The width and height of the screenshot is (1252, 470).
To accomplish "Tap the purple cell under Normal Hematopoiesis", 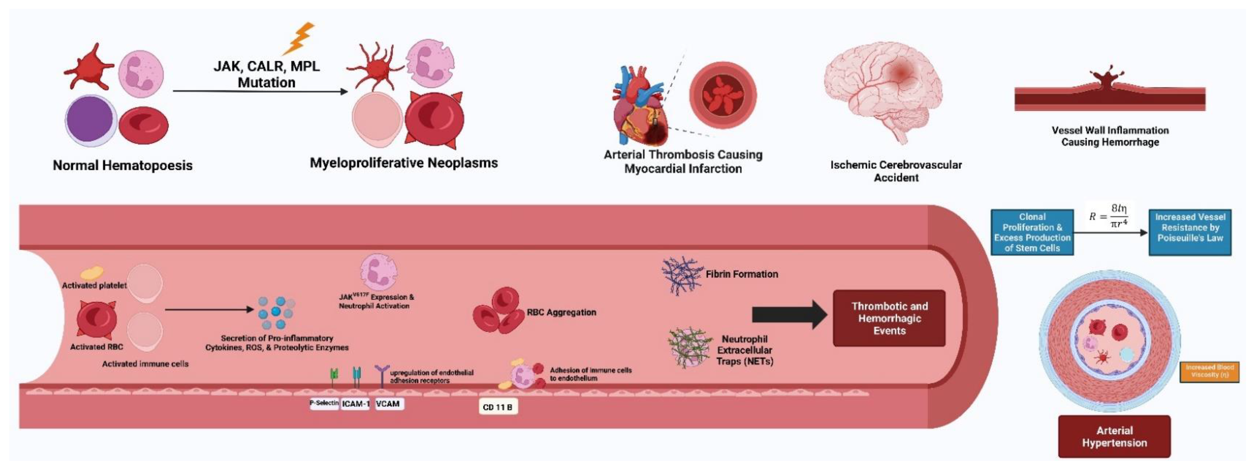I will tap(90, 120).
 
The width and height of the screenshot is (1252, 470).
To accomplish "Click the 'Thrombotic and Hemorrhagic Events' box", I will tap(889, 318).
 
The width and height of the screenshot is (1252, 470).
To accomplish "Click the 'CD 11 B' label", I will tap(497, 407).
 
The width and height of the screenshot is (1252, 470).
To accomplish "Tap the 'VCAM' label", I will tap(388, 403).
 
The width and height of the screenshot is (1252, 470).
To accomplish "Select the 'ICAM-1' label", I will tap(355, 403).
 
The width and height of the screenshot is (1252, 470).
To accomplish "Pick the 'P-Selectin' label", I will tap(324, 403).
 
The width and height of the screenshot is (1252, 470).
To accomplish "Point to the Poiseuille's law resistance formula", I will tap(1110, 216).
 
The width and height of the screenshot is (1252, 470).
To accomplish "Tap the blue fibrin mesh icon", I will tap(682, 275).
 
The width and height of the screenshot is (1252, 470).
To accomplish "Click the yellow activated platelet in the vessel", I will tap(92, 272).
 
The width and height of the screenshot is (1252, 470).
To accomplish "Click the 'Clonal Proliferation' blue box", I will tap(1032, 232).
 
